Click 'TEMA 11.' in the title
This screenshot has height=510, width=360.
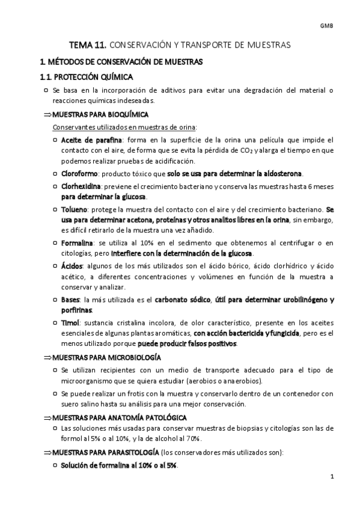click(x=88, y=45)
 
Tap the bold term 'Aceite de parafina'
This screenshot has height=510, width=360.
click(x=87, y=140)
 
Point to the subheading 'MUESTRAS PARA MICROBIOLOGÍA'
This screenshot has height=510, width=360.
click(x=106, y=357)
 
